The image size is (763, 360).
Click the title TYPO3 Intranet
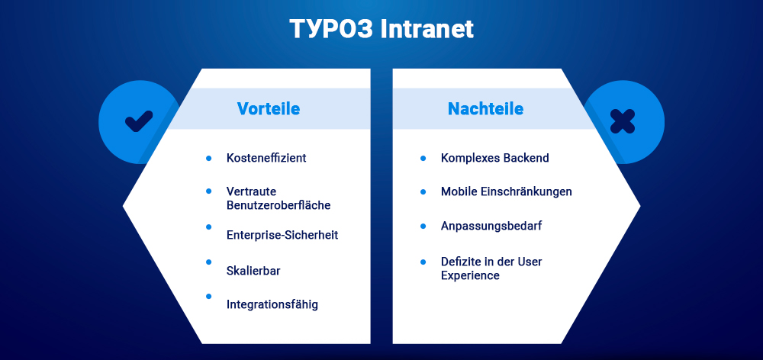[x=381, y=29]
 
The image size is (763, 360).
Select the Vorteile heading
[x=268, y=108]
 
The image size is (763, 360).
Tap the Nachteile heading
[x=485, y=108]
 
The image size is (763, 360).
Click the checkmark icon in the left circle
[x=139, y=121]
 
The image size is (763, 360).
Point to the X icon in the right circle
[x=623, y=121]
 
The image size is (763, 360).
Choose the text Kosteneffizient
[x=266, y=158]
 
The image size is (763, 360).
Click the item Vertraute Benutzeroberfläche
[x=278, y=198]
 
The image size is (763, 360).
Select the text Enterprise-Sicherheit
[x=282, y=235]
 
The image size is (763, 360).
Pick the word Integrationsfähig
[x=272, y=304]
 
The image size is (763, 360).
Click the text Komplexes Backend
[x=494, y=158]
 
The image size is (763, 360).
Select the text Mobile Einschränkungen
[x=506, y=191]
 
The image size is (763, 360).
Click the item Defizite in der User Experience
[x=491, y=268]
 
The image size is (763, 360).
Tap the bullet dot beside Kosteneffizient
[x=208, y=158]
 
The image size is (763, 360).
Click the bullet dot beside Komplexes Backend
[x=423, y=158]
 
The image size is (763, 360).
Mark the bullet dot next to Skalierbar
[x=208, y=262]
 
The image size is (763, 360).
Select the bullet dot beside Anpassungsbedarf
[x=423, y=227]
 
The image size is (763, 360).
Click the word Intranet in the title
[x=427, y=29]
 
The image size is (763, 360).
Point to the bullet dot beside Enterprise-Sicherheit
[x=208, y=227]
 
